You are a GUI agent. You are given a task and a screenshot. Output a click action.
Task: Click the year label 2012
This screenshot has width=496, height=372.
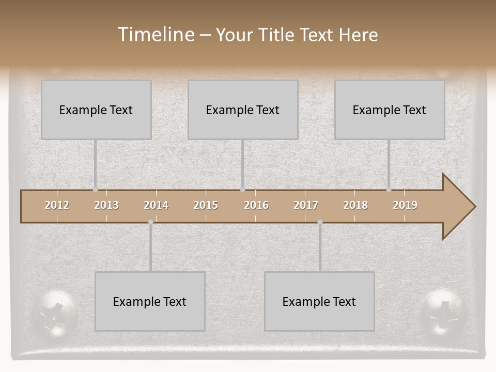point(57,205)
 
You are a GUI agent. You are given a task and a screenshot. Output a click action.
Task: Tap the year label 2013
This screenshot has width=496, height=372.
point(106,205)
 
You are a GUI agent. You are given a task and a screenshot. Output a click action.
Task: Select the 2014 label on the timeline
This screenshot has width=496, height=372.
point(156,205)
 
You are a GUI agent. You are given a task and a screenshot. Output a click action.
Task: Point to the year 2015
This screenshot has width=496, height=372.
point(206,205)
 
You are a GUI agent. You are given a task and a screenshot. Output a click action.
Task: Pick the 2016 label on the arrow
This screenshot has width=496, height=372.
point(256,205)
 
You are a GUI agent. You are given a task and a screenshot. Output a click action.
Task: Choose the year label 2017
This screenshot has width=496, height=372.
point(306,205)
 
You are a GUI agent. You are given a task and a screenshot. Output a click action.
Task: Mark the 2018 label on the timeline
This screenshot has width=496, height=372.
point(355,205)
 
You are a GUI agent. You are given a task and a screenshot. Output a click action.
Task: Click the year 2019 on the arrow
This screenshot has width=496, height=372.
point(405,205)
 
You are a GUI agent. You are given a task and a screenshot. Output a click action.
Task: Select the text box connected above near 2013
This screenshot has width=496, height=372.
point(96,110)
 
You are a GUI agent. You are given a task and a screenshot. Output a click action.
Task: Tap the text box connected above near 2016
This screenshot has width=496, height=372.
point(243,110)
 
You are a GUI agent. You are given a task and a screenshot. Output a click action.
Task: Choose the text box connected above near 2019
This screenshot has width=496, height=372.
point(390,110)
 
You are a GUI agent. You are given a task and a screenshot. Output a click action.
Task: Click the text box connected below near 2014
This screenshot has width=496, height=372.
point(150,301)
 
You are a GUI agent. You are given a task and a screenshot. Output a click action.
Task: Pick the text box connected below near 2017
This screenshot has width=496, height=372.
point(319,301)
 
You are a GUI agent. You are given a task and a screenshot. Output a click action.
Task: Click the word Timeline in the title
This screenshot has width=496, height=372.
point(156,34)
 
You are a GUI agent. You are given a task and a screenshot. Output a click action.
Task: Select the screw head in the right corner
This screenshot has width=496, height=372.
point(444,313)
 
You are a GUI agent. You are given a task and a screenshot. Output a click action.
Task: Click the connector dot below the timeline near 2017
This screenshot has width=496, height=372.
point(320,222)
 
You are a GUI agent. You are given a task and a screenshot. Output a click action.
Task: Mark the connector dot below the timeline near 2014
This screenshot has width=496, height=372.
point(150,222)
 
